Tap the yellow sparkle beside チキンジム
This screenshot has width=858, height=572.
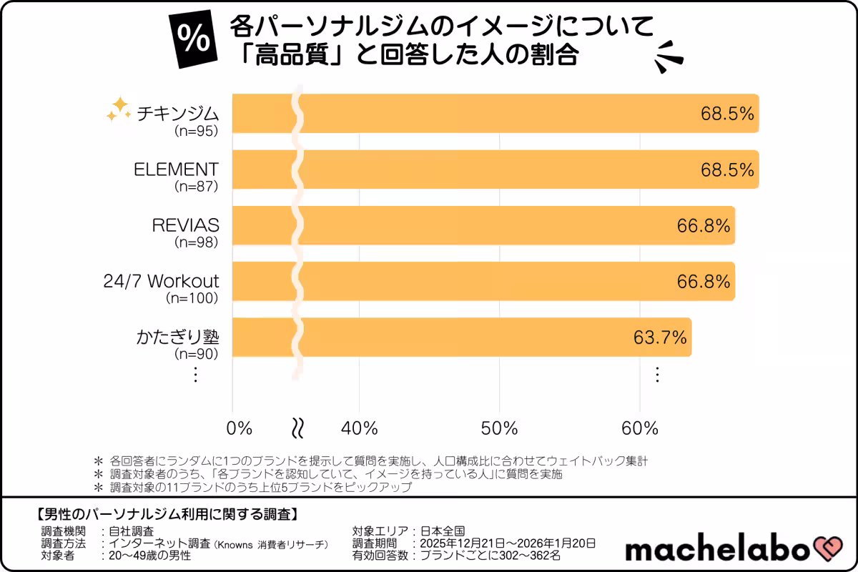[x=117, y=109]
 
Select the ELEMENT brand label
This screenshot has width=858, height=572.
[x=176, y=169]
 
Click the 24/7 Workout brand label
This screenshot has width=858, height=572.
[x=162, y=280]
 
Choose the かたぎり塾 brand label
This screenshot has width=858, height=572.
[x=177, y=336]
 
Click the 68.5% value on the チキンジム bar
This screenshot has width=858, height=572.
[x=726, y=114]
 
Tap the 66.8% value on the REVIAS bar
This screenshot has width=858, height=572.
[x=704, y=225]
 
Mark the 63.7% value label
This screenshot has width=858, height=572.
[x=660, y=337]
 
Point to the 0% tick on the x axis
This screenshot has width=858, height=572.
[x=240, y=428]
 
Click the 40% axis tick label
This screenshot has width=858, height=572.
[x=359, y=428]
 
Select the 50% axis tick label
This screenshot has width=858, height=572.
[x=499, y=428]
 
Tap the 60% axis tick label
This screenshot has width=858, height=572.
[x=639, y=428]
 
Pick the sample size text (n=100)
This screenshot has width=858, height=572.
[x=192, y=297]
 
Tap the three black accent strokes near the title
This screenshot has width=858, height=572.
[x=669, y=56]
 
